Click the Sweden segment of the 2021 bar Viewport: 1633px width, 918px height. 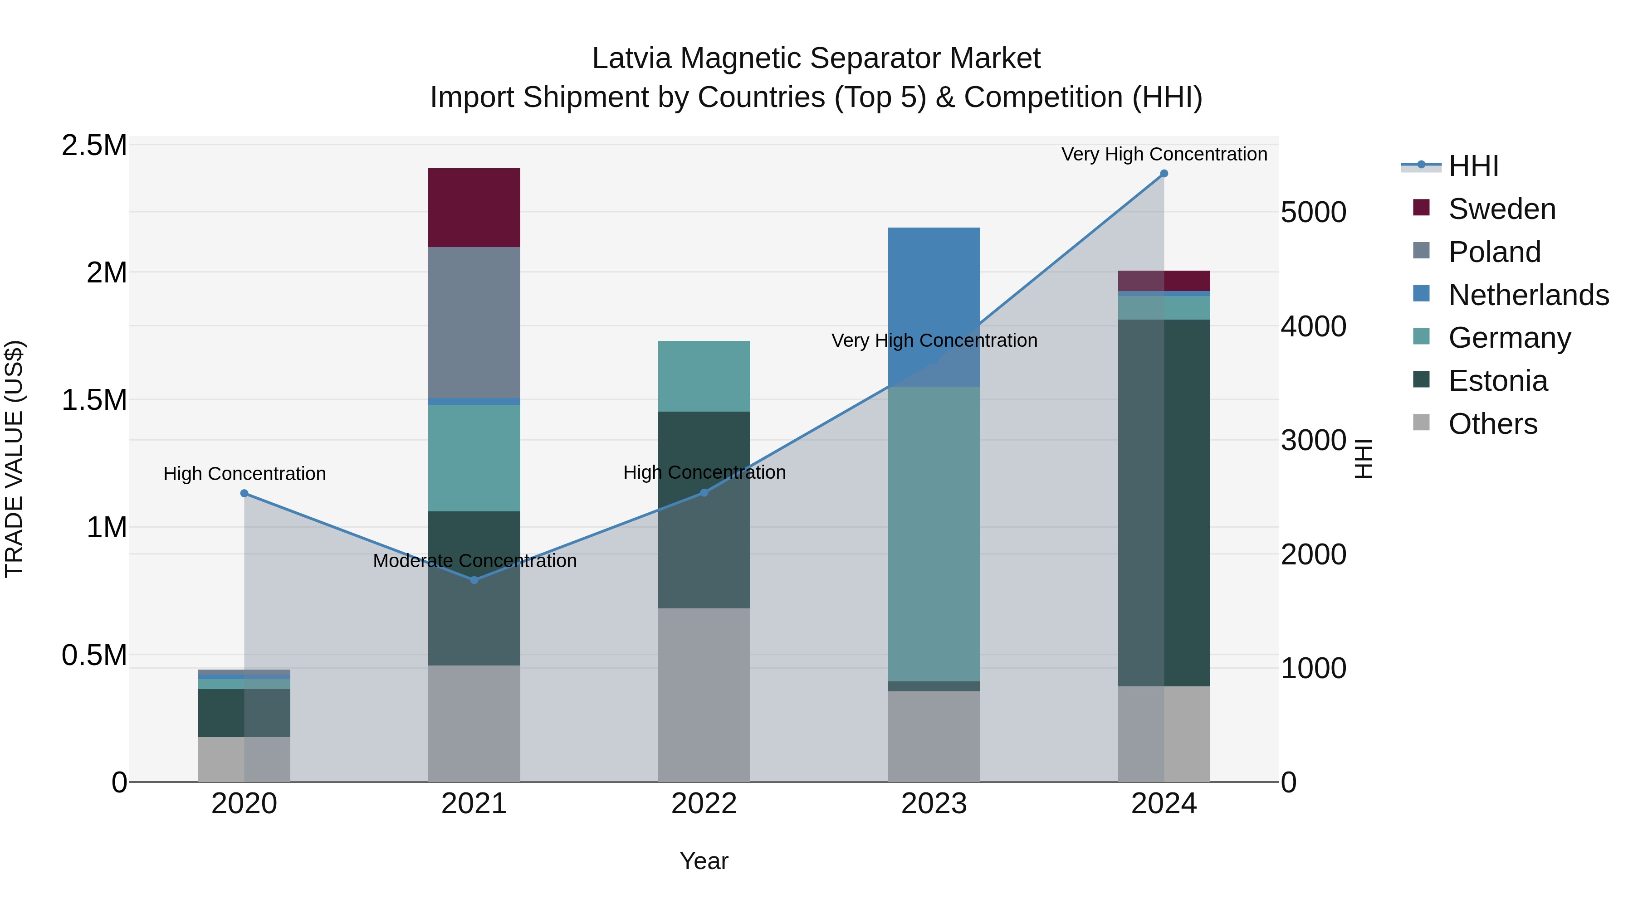pos(474,207)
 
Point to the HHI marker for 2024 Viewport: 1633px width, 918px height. pos(1164,173)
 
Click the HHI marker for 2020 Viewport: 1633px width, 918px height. pos(244,493)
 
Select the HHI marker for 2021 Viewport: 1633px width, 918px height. pos(474,580)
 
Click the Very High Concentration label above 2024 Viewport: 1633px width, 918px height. pos(1164,154)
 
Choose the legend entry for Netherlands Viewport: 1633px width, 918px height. pos(1528,295)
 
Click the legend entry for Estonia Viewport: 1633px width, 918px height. pos(1498,381)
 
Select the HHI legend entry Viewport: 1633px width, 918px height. pos(1473,166)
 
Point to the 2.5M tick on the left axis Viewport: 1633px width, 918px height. pos(94,145)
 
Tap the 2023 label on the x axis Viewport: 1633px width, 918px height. pos(934,804)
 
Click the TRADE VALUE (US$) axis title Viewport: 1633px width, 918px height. pos(14,459)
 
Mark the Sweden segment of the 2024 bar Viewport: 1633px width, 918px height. pos(1164,281)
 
